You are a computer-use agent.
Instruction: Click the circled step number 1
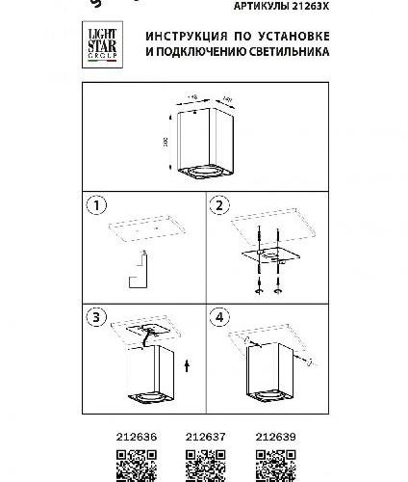[x=93, y=205]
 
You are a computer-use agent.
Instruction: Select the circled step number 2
[x=218, y=205]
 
